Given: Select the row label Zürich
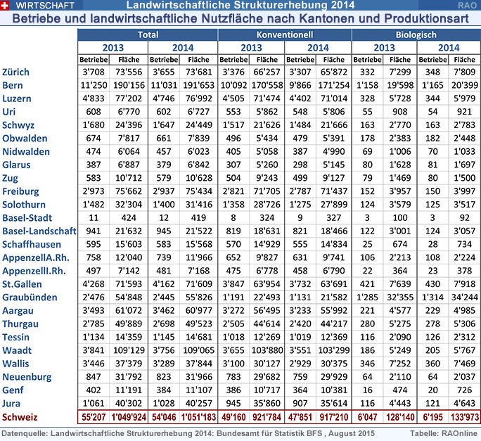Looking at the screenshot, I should click(16, 72).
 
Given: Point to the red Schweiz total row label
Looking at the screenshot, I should click(20, 417).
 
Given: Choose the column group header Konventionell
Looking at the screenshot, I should click(284, 34).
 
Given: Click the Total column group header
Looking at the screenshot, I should click(148, 34).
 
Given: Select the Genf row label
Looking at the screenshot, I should click(13, 390).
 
